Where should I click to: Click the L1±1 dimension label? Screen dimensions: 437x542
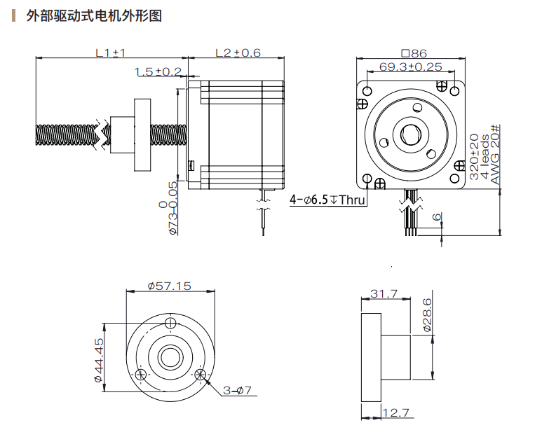tap(110, 53)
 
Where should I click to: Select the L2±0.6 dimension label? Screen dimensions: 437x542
tap(238, 53)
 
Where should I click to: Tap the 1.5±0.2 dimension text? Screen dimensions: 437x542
tap(158, 71)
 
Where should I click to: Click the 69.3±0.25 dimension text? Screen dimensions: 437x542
tap(411, 67)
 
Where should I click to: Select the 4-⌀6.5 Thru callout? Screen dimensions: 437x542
tap(328, 200)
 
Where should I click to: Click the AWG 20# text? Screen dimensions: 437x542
tap(496, 154)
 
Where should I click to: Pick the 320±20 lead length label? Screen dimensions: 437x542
tap(473, 157)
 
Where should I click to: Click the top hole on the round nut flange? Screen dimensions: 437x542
tap(172, 323)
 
